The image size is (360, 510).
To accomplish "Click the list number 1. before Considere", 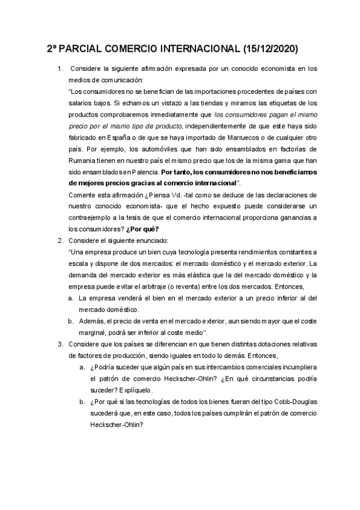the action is (59, 69).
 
